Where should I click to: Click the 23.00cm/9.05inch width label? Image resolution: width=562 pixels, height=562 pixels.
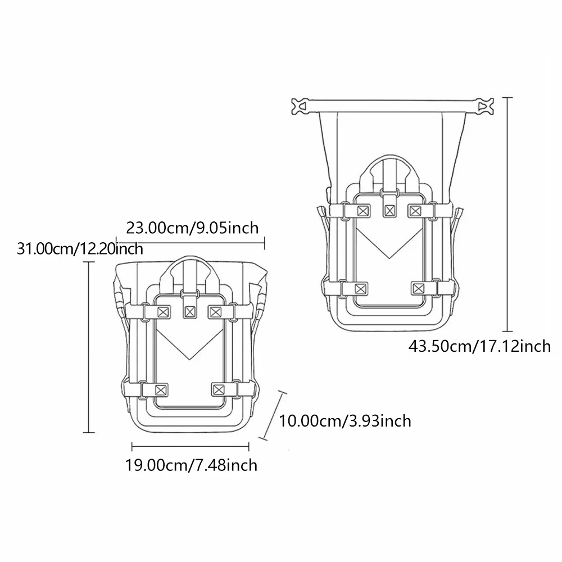click(x=192, y=228)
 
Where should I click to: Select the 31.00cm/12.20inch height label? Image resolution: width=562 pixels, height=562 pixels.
click(x=80, y=249)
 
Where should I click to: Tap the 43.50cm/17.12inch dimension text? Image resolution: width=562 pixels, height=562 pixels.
click(x=479, y=346)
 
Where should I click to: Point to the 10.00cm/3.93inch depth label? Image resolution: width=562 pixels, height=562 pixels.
click(x=345, y=421)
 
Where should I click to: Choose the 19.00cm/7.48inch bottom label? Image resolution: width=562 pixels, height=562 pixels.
click(x=191, y=465)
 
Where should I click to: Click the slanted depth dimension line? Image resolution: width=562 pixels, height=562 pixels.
click(x=273, y=415)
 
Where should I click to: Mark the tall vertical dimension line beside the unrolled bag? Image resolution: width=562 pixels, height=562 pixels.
click(x=507, y=214)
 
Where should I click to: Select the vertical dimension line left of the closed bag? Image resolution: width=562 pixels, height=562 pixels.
click(x=89, y=347)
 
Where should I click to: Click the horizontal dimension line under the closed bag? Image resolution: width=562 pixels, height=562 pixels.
click(x=191, y=447)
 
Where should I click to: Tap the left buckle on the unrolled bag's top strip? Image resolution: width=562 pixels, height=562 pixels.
click(x=300, y=106)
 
